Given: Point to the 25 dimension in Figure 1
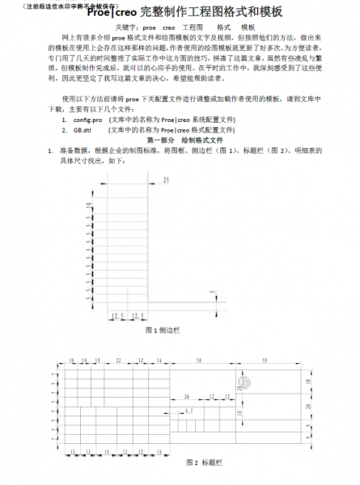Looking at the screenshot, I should click(166, 179).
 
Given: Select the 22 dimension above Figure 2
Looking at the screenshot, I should click(118, 359).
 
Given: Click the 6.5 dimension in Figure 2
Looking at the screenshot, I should click(188, 411).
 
